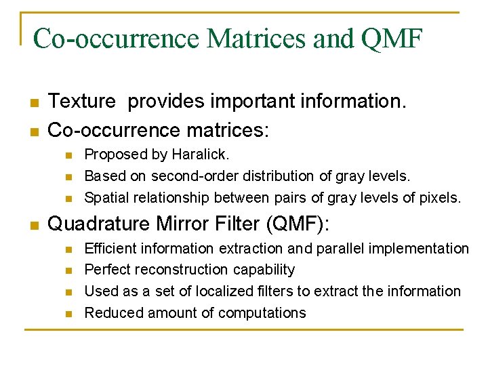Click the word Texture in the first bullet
point(82,102)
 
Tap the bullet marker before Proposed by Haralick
point(68,155)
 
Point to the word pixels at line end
point(439,198)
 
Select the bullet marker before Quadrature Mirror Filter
point(33,224)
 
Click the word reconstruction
point(183,270)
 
